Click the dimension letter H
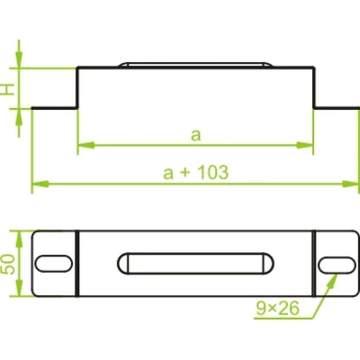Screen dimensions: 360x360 point(8,89)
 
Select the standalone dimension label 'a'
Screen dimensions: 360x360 point(194,135)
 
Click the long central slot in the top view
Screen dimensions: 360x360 point(195,263)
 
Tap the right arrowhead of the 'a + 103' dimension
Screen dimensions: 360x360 point(352,184)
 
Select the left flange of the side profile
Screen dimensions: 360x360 point(55,109)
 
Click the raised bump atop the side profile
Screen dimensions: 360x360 point(195,64)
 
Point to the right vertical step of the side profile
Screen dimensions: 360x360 point(312,88)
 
